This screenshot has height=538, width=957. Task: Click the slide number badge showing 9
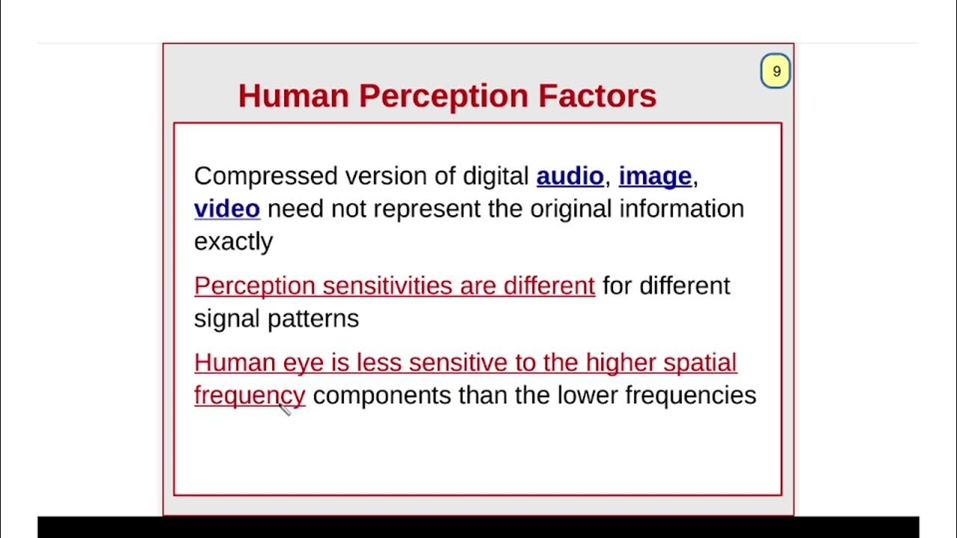click(776, 72)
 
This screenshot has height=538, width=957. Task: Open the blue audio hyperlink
click(570, 176)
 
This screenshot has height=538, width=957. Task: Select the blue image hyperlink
click(655, 176)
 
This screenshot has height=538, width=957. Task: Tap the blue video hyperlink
click(227, 208)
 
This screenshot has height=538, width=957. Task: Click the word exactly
click(233, 241)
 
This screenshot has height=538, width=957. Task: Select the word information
click(681, 208)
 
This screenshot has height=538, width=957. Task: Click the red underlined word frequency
click(249, 395)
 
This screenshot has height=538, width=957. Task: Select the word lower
click(587, 395)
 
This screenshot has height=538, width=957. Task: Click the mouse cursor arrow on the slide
click(285, 409)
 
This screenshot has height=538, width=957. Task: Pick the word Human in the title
click(293, 96)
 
